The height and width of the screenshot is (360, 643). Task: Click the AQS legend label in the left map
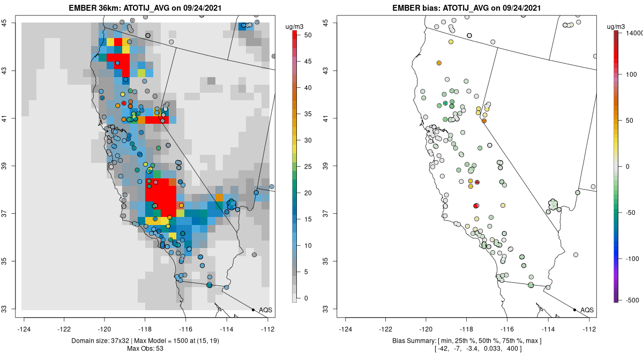(x=265, y=310)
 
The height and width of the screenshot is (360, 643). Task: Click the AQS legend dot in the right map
(x=574, y=310)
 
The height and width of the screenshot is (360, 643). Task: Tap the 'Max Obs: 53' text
(x=145, y=349)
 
